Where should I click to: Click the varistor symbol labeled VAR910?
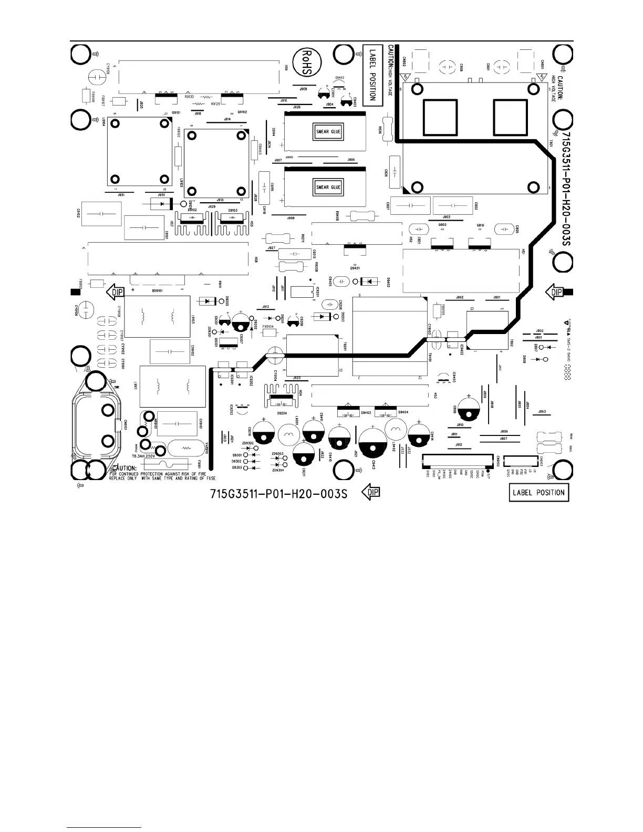coord(185,448)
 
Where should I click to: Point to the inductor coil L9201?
coord(288,434)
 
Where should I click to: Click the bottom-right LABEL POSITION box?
coord(539,493)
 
